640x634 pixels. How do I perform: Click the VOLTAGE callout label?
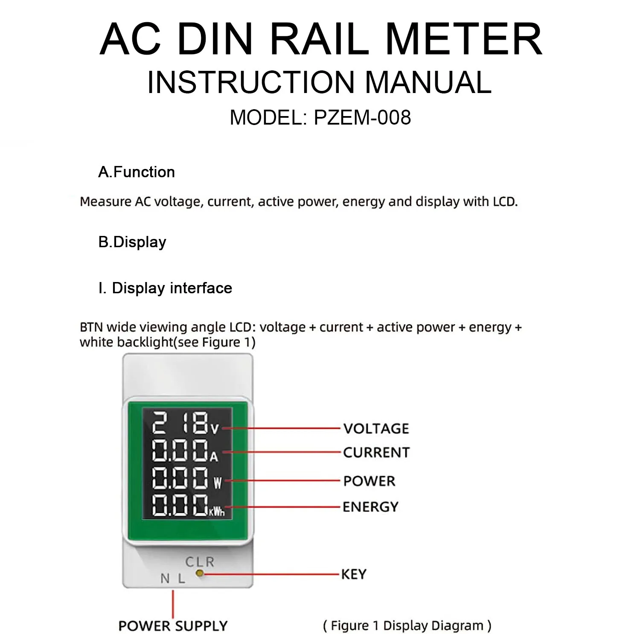[x=376, y=428]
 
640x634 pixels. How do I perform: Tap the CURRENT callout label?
[x=376, y=452]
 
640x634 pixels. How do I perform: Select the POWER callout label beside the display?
[x=369, y=481]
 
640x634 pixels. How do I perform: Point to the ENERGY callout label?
[x=370, y=507]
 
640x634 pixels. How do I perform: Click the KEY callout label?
[x=354, y=574]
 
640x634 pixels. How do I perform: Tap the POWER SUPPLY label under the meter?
[x=173, y=626]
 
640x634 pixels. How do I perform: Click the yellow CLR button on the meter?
[x=200, y=574]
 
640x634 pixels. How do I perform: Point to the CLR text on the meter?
[x=200, y=562]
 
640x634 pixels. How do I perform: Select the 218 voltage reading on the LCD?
[x=180, y=423]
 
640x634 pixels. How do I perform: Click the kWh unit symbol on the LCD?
[x=217, y=511]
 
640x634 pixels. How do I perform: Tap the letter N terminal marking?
[x=165, y=579]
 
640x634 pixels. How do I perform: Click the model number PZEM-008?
[x=363, y=117]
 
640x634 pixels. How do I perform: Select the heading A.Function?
[x=137, y=172]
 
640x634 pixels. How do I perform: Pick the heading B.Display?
[x=132, y=242]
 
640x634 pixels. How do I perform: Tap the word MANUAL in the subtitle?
[x=428, y=82]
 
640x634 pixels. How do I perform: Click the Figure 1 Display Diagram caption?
[x=407, y=625]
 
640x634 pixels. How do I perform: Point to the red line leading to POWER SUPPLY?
[x=173, y=604]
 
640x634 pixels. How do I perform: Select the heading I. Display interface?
[x=165, y=288]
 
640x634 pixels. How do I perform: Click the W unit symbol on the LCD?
[x=218, y=483]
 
